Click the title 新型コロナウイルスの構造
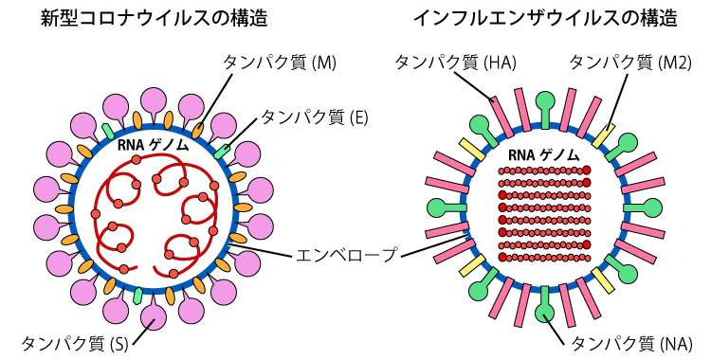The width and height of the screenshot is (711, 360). click(x=154, y=18)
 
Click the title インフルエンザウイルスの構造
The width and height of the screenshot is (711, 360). click(x=545, y=18)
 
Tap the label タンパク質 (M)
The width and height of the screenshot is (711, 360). click(x=280, y=63)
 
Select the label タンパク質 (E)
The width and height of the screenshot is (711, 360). click(x=314, y=117)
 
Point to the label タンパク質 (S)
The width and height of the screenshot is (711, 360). click(x=75, y=344)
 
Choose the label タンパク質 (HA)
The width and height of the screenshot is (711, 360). click(x=455, y=63)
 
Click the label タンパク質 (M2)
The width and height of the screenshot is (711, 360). click(x=630, y=63)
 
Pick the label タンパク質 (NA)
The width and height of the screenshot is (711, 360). click(x=631, y=344)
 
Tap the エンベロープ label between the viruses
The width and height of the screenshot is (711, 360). click(x=346, y=254)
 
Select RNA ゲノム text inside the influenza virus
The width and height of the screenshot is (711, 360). click(x=544, y=155)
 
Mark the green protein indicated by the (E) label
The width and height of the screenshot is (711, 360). click(x=223, y=151)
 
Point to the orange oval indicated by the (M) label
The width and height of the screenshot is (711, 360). click(x=198, y=131)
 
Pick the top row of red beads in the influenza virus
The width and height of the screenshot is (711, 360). click(x=544, y=171)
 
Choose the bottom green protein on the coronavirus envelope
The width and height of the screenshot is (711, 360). click(x=137, y=296)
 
